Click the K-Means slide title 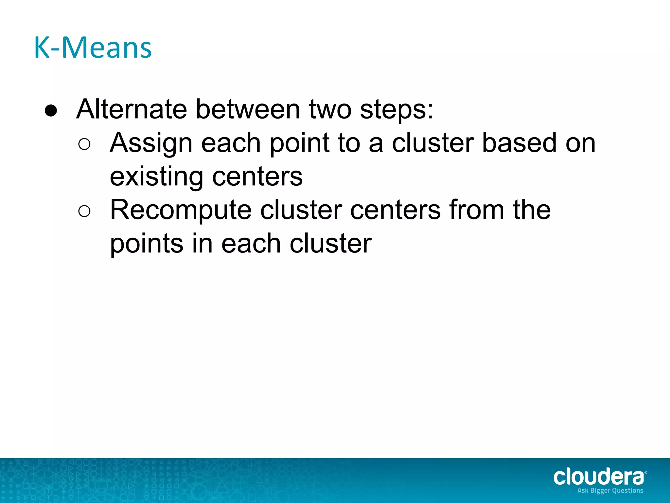click(x=93, y=48)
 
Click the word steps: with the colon click(x=397, y=110)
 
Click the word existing click(x=156, y=177)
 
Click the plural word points click(x=147, y=244)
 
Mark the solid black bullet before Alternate click(x=51, y=111)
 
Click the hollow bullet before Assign click(x=84, y=144)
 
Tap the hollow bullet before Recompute click(x=84, y=211)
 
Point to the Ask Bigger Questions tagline click(x=610, y=491)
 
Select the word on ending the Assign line click(x=580, y=143)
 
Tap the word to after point click(x=349, y=143)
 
